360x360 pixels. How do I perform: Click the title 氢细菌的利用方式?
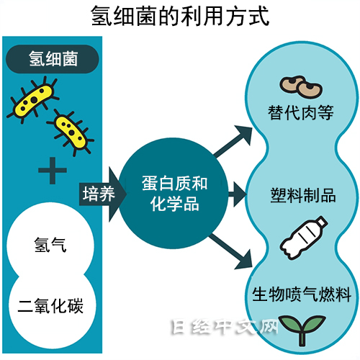pos(180,16)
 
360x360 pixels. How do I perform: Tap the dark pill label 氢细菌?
pos(53,59)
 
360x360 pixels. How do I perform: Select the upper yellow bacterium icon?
pos(33,99)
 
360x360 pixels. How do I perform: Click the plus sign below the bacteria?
pos(53,171)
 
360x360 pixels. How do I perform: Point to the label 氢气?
pos(50,245)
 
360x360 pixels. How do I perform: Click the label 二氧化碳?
pos(50,305)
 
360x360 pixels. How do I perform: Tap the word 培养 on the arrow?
pos(99,194)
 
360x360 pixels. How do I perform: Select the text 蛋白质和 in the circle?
pos(174,184)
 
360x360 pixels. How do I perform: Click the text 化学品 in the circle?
pos(174,204)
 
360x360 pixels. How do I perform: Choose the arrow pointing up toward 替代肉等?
pos(233,141)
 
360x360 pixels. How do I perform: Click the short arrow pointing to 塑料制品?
pos(237,194)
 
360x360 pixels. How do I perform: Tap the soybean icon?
pos(301,87)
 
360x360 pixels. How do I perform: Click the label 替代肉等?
pos(301,112)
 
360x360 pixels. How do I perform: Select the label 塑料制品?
pos(303,195)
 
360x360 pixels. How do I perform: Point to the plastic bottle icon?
pos(304,238)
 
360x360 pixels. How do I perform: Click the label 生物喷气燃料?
pos(302,294)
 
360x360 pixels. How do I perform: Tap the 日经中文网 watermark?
pos(225,327)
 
